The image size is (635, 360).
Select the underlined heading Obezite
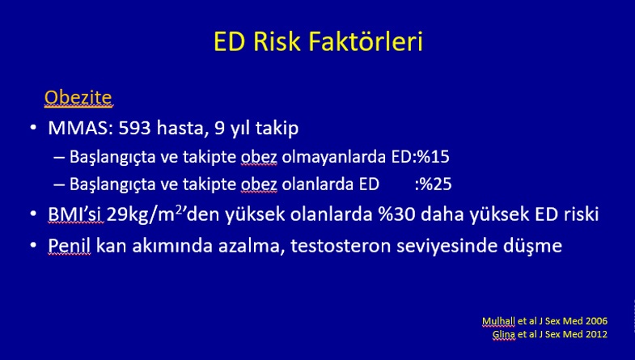pos(78,98)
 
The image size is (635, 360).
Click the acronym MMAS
pos(80,128)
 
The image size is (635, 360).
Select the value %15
pos(434,157)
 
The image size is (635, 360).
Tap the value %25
pos(435,184)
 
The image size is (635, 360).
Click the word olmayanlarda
pos(334,157)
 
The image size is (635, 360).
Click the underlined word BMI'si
pos(74,214)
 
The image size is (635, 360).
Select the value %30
pos(397,214)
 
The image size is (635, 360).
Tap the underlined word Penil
pos(70,246)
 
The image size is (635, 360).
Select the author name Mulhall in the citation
pos(498,321)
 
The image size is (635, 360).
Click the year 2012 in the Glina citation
pos(596,334)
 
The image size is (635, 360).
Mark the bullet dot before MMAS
pos(33,129)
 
